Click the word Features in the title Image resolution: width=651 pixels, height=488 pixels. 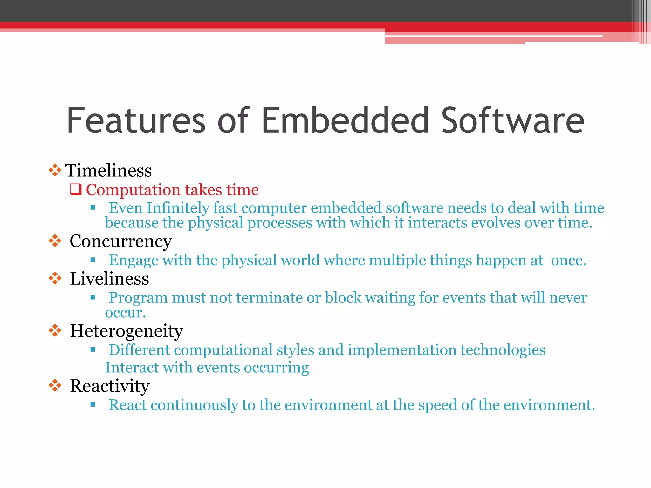[x=136, y=121]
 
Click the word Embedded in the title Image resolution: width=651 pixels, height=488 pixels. [x=345, y=121]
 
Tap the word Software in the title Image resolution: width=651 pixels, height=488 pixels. [x=512, y=121]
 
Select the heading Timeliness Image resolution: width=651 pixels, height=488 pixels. [x=108, y=171]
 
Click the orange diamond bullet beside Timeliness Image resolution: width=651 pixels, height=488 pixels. [x=55, y=170]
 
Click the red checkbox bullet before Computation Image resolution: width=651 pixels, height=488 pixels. [x=76, y=189]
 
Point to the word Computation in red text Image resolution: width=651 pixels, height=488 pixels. [x=133, y=190]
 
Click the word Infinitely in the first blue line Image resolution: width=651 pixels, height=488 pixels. [x=178, y=208]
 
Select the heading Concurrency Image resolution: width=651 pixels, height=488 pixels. [x=121, y=241]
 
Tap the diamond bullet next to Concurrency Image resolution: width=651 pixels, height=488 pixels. [x=55, y=241]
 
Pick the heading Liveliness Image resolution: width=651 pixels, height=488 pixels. [x=109, y=279]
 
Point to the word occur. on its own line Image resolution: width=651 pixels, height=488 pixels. [x=125, y=313]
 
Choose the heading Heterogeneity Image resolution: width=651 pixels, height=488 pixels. [x=127, y=331]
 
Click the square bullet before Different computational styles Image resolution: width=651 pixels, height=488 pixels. [x=93, y=350]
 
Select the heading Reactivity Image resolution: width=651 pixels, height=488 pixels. [x=110, y=386]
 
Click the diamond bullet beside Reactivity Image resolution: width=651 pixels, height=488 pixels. [x=55, y=386]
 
